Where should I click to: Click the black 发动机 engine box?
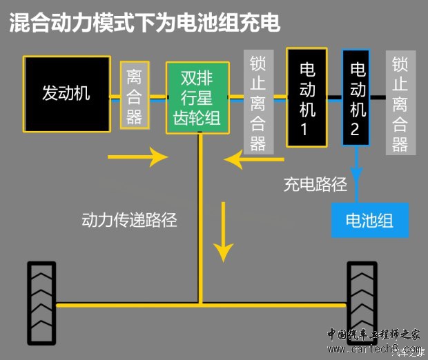point(66,94)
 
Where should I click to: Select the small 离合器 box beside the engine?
point(135,94)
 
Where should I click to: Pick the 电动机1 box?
point(307,97)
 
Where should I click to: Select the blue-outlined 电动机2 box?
point(358,97)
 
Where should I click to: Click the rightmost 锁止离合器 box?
point(400,103)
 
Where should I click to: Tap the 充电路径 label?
point(315,185)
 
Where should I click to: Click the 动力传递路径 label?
point(129,220)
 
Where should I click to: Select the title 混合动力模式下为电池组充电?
point(145,23)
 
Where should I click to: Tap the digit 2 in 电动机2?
point(357,130)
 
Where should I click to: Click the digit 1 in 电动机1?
point(307,129)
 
